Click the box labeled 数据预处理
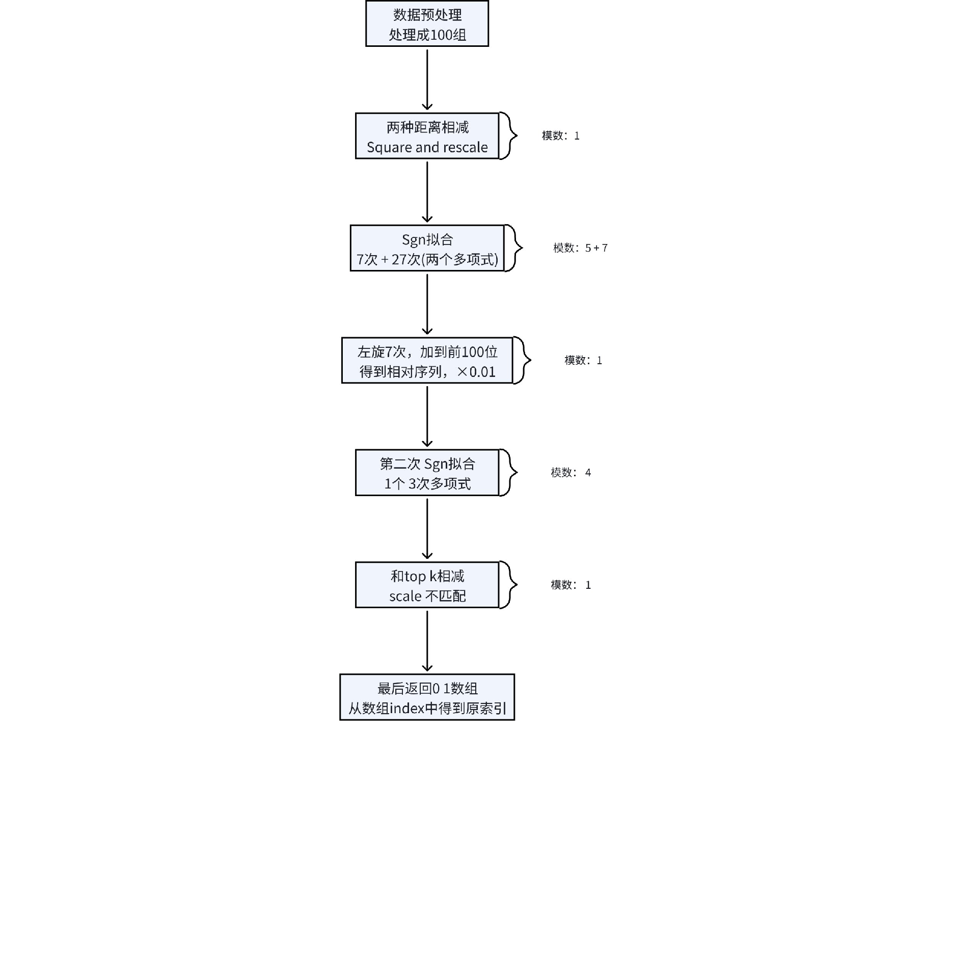(427, 23)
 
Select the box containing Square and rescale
(427, 136)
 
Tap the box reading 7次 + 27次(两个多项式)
(427, 248)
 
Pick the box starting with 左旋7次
(427, 360)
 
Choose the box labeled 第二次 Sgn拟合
(427, 473)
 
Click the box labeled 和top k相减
(427, 585)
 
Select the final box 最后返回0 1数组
(427, 697)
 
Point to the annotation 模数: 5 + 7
(580, 248)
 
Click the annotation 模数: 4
(570, 473)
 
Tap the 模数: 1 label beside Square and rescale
(560, 136)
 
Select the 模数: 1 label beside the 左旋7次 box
(583, 360)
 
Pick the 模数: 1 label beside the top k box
(570, 585)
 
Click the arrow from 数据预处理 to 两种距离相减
(427, 79)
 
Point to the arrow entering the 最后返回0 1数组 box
(427, 641)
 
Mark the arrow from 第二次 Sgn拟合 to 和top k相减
(427, 529)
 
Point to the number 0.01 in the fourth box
(482, 372)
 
